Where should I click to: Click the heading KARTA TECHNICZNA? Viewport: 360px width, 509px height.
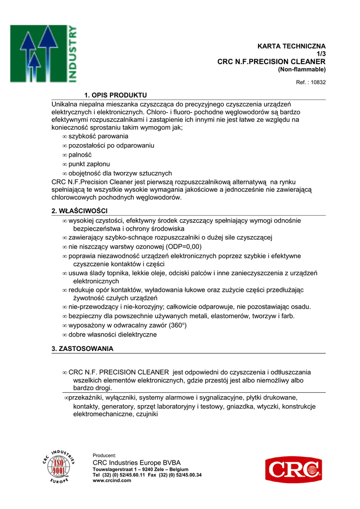pos(291,46)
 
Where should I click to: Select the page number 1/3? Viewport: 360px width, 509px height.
pos(321,54)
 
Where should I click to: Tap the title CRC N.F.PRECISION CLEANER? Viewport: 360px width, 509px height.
pos(271,62)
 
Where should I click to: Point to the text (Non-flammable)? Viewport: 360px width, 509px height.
pos(301,69)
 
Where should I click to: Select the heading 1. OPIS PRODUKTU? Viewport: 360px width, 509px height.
pos(116,95)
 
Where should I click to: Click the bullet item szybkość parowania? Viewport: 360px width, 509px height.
pos(95,136)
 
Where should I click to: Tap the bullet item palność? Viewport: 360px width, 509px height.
pos(80,155)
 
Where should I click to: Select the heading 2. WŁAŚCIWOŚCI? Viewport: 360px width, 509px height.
pos(80,211)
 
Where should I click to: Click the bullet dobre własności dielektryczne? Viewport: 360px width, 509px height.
pos(112,335)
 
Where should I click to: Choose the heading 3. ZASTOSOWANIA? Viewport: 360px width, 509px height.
pos(83,348)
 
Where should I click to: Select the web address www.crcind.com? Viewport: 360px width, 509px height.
pos(112,481)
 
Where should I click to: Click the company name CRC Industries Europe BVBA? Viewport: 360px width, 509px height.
pos(137,463)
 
